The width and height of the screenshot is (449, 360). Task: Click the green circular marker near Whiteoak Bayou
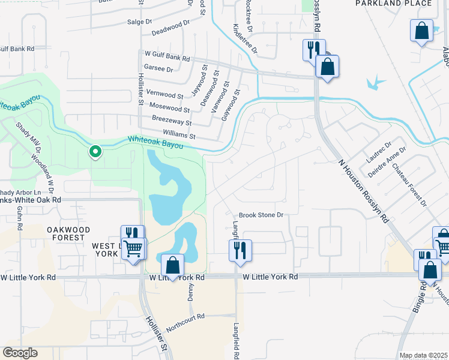[94, 152]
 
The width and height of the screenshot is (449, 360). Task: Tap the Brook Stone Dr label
[261, 215]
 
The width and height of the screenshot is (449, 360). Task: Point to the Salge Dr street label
[140, 22]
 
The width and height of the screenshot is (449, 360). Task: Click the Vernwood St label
[164, 95]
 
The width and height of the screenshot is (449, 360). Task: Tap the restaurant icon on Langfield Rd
[241, 250]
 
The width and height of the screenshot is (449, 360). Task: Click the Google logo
[20, 353]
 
